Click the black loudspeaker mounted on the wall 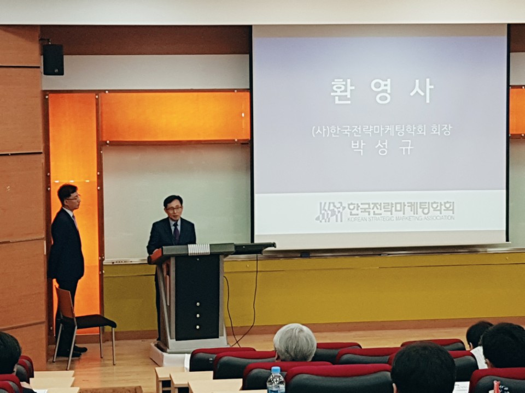[53, 59]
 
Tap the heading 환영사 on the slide [382, 91]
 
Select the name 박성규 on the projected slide [382, 147]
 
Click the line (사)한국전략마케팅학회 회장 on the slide [382, 130]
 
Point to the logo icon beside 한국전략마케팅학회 [330, 212]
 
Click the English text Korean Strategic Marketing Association [401, 218]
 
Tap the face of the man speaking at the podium [173, 210]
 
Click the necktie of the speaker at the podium [176, 233]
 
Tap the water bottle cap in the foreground [276, 370]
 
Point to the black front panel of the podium [197, 297]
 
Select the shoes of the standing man [72, 351]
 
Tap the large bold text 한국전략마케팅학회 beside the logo [401, 208]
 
